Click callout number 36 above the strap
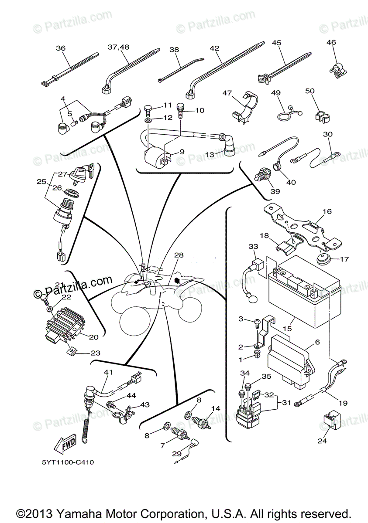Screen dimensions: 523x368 pyautogui.click(x=61, y=48)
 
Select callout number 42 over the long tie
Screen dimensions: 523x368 pyautogui.click(x=214, y=48)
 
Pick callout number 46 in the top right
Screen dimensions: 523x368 pyautogui.click(x=331, y=42)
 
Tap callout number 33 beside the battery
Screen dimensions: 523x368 pyautogui.click(x=254, y=247)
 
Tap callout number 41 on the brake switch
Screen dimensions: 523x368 pyautogui.click(x=108, y=372)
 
